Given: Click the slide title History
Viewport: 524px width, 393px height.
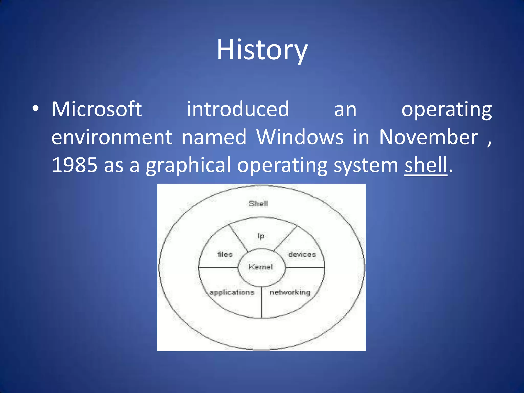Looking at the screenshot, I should click(x=262, y=50).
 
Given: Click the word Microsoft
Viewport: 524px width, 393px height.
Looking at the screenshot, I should click(x=97, y=109).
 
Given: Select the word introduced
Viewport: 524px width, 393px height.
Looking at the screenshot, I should click(x=238, y=109).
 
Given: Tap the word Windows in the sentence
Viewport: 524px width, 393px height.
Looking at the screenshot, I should click(x=300, y=137).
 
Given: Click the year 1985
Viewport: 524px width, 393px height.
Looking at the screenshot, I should click(x=74, y=165).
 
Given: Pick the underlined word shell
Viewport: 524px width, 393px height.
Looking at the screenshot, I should click(x=426, y=165).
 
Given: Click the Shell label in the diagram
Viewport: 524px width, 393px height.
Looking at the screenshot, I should click(x=258, y=204).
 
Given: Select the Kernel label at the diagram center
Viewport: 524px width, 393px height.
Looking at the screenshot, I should click(x=260, y=267).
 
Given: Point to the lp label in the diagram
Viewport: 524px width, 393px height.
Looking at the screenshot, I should click(x=260, y=236).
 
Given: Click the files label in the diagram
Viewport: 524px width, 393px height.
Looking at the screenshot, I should click(x=225, y=254).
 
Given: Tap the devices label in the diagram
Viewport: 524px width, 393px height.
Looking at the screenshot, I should click(x=302, y=254).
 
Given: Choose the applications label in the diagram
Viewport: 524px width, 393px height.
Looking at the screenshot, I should click(x=232, y=292).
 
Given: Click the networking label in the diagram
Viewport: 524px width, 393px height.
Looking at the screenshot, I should click(x=290, y=292).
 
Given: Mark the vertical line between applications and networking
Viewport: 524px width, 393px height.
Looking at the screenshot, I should click(x=261, y=303).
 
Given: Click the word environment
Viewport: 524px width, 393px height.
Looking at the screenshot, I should click(x=112, y=137).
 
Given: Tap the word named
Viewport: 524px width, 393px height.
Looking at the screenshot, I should click(x=214, y=137).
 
